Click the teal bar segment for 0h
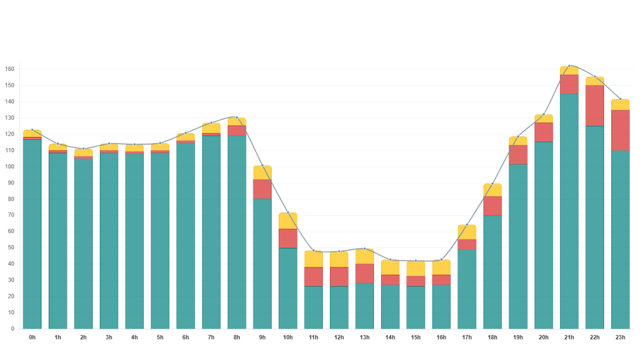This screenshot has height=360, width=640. tap(32, 234)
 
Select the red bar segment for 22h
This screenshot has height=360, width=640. tap(595, 106)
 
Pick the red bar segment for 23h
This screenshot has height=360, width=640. tap(620, 130)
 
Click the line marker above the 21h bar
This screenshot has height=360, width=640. tap(569, 66)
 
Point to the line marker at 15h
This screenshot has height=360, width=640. tap(416, 261)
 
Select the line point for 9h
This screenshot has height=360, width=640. tap(262, 166)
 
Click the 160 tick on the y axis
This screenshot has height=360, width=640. tap(10, 69)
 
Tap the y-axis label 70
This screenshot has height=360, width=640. tap(11, 215)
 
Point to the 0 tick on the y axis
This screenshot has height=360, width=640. tap(13, 329)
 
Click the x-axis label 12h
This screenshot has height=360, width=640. tap(339, 337)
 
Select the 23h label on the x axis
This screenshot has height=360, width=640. tap(620, 337)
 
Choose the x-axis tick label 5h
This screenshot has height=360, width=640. tap(160, 337)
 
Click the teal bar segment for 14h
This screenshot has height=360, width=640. tap(390, 307)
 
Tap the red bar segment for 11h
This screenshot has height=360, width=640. tap(313, 277)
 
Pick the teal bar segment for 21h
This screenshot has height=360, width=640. tap(569, 211)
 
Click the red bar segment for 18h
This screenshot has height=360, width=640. tap(492, 206)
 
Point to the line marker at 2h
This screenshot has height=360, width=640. tap(83, 149)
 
